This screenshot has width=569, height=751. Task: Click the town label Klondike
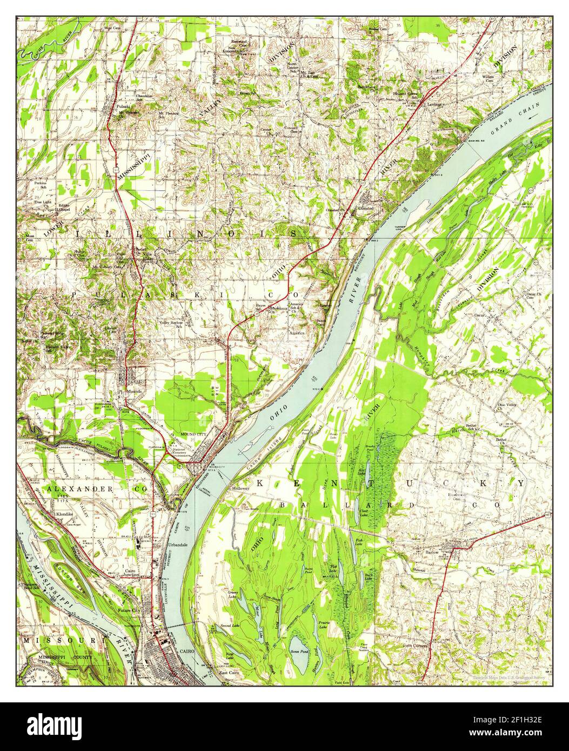(65, 515)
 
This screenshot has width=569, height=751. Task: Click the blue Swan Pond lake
(298, 648)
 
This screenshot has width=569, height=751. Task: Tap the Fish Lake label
(358, 540)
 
